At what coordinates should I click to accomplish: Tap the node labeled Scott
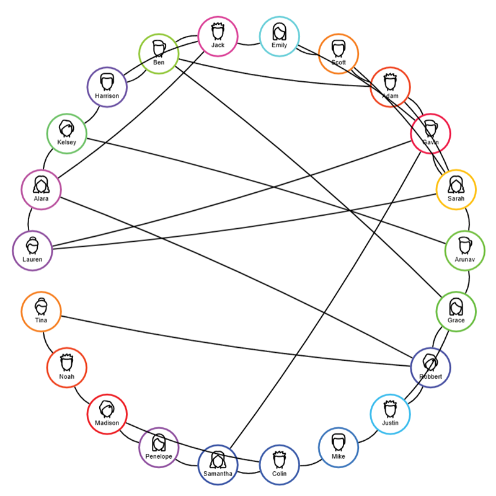coord(338,54)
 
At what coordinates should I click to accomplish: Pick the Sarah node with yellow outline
coord(456,189)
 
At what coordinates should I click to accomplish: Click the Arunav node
coord(464,250)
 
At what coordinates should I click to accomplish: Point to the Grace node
coord(456,311)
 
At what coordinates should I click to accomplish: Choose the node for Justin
coord(390,414)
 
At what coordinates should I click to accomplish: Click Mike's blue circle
coord(338,447)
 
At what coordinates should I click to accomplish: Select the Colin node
coord(279,464)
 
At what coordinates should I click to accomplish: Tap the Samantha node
coord(218,464)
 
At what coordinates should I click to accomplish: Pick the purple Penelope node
coord(159,447)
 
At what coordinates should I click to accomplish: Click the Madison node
coord(107,414)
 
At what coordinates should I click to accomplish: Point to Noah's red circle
coord(66,367)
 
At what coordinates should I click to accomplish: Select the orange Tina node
coord(41,311)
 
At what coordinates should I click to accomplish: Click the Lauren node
coord(32,250)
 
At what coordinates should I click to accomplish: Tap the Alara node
coord(41,189)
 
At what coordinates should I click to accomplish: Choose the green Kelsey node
coord(66,133)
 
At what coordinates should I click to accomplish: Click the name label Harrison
coord(107,96)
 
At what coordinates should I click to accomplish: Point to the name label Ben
coord(159,63)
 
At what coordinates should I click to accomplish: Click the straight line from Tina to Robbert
coord(236,342)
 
